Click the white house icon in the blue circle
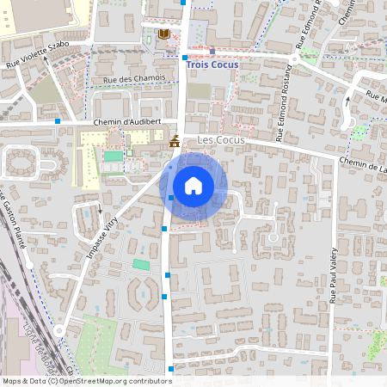coord(193,185)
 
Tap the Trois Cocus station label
coord(214,63)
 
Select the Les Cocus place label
coord(221,139)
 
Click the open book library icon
coord(163,34)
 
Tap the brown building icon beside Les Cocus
coord(175,140)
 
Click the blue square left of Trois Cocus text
coord(184,58)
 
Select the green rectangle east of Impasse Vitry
coord(140,263)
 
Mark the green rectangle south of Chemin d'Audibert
coord(114,157)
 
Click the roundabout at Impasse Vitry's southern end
coord(58,330)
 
